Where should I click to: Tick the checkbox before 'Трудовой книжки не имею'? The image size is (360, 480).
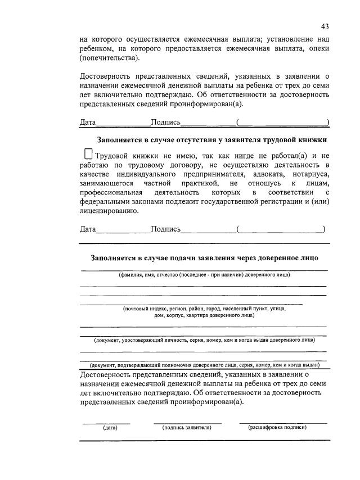coord(87,154)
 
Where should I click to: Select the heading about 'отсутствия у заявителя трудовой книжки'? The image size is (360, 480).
coord(212,139)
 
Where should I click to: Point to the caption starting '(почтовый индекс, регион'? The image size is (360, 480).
coord(204,309)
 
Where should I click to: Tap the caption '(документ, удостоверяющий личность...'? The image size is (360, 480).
coord(204,340)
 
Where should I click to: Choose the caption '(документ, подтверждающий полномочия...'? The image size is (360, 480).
coord(204,364)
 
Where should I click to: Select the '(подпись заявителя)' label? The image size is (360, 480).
coord(187,428)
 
